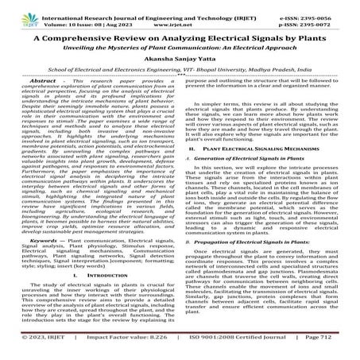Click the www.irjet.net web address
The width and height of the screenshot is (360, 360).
click(180, 18)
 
